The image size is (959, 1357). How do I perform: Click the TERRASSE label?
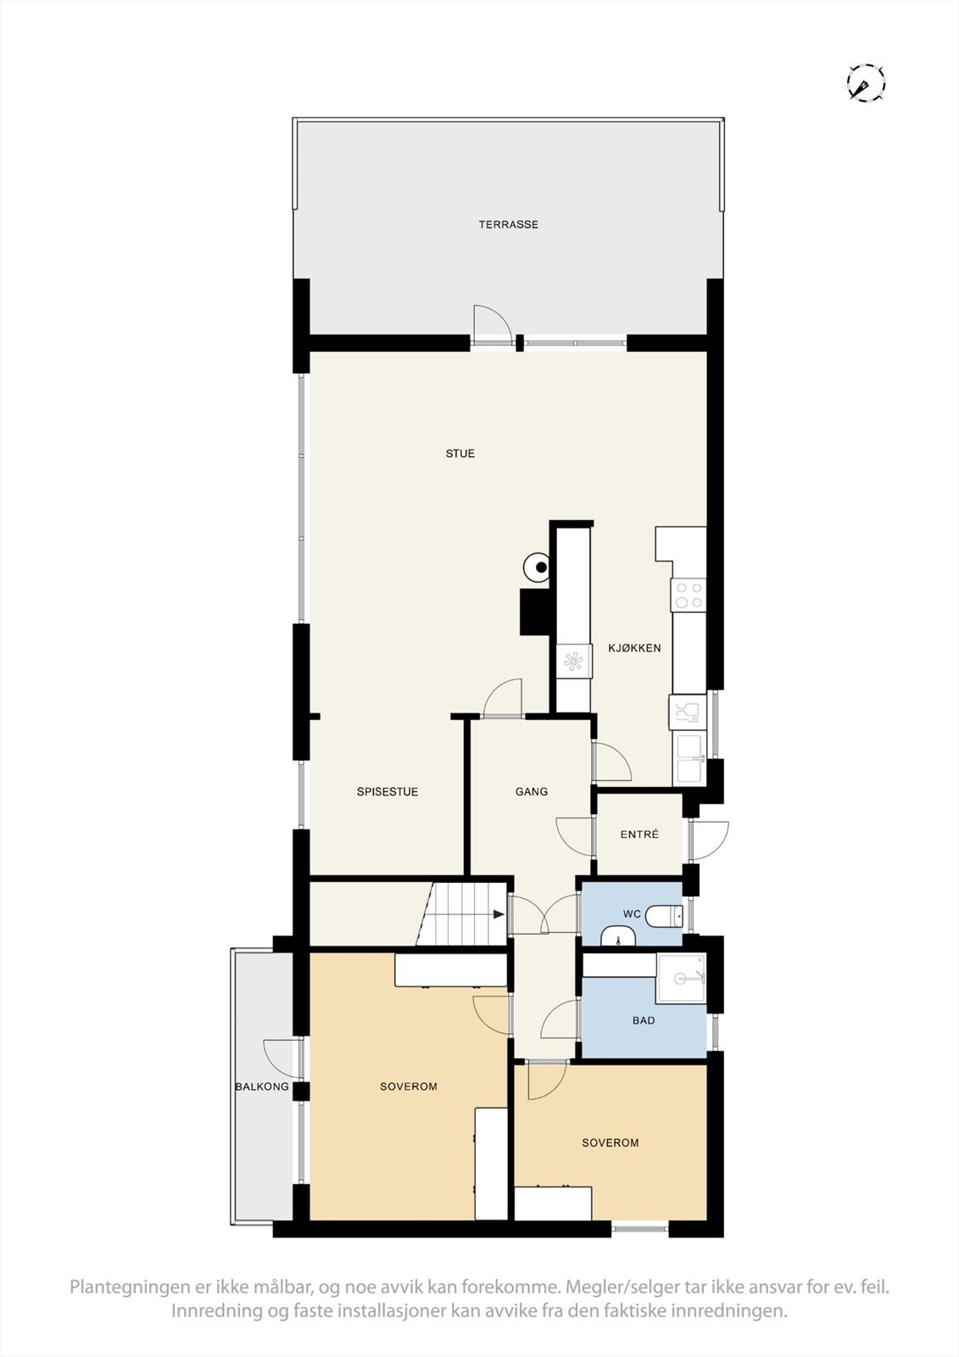pos(508,225)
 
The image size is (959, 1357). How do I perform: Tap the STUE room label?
pos(460,454)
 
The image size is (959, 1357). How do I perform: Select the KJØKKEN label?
pos(634,648)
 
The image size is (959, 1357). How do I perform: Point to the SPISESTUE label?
pos(388,792)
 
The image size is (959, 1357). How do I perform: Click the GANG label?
pos(532,792)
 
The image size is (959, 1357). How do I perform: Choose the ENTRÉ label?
pos(639,835)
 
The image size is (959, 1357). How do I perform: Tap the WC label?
pos(632,914)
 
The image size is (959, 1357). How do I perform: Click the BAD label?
pos(644,1020)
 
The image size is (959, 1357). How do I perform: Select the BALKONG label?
pos(262,1086)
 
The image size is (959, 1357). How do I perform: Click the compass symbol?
pos(866,83)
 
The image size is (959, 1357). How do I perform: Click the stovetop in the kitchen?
pos(688,595)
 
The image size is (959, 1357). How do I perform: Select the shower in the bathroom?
pos(683,978)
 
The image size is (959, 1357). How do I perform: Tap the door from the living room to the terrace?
pos(492,326)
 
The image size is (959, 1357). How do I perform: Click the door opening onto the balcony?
pos(282,1060)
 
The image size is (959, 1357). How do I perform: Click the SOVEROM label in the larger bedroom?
pos(409,1086)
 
